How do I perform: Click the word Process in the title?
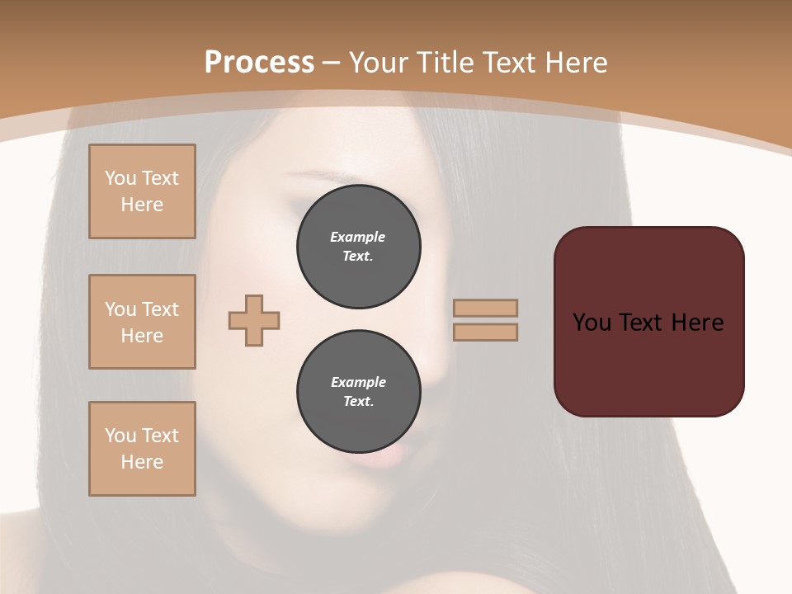click(x=259, y=63)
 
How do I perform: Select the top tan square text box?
click(x=142, y=191)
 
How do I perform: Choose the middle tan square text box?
click(x=142, y=322)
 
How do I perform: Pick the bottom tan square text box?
click(x=142, y=449)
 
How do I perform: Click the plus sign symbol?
click(x=254, y=319)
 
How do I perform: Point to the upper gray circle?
click(x=358, y=247)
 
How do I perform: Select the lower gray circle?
click(x=358, y=392)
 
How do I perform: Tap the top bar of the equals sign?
click(x=486, y=308)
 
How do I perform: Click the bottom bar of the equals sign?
click(x=486, y=332)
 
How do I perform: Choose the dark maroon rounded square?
click(x=648, y=322)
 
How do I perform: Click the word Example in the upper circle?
click(x=358, y=237)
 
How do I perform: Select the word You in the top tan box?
click(x=120, y=178)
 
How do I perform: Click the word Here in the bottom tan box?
click(x=142, y=462)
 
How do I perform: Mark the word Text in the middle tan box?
click(x=159, y=309)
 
